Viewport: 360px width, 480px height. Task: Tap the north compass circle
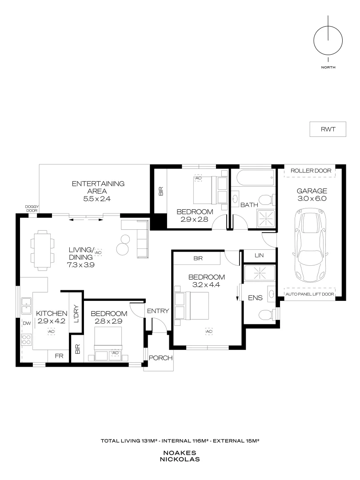click(328, 40)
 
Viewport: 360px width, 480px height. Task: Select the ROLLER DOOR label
click(311, 171)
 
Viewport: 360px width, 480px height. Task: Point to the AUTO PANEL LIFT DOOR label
click(310, 294)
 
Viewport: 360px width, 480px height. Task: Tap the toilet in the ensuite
click(266, 315)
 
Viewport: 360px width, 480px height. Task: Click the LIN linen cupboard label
click(260, 256)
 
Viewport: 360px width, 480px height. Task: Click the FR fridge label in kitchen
click(58, 356)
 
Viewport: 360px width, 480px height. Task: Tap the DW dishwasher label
click(27, 324)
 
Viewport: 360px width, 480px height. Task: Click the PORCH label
click(160, 358)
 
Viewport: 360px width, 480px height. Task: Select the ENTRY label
click(157, 311)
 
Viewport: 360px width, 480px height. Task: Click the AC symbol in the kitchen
click(51, 332)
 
